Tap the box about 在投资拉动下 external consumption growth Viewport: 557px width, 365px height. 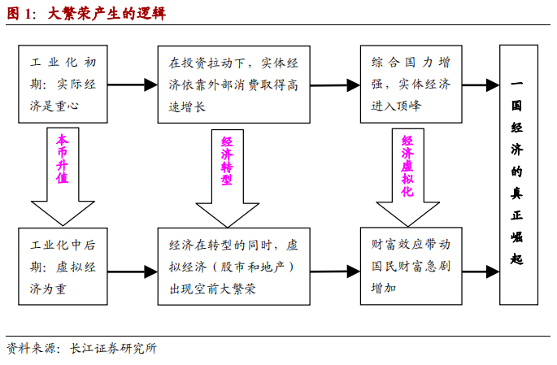point(233,84)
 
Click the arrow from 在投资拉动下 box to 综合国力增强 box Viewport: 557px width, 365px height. point(334,84)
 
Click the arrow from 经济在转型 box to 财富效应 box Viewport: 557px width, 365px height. point(334,267)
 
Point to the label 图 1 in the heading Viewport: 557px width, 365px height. point(20,14)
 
